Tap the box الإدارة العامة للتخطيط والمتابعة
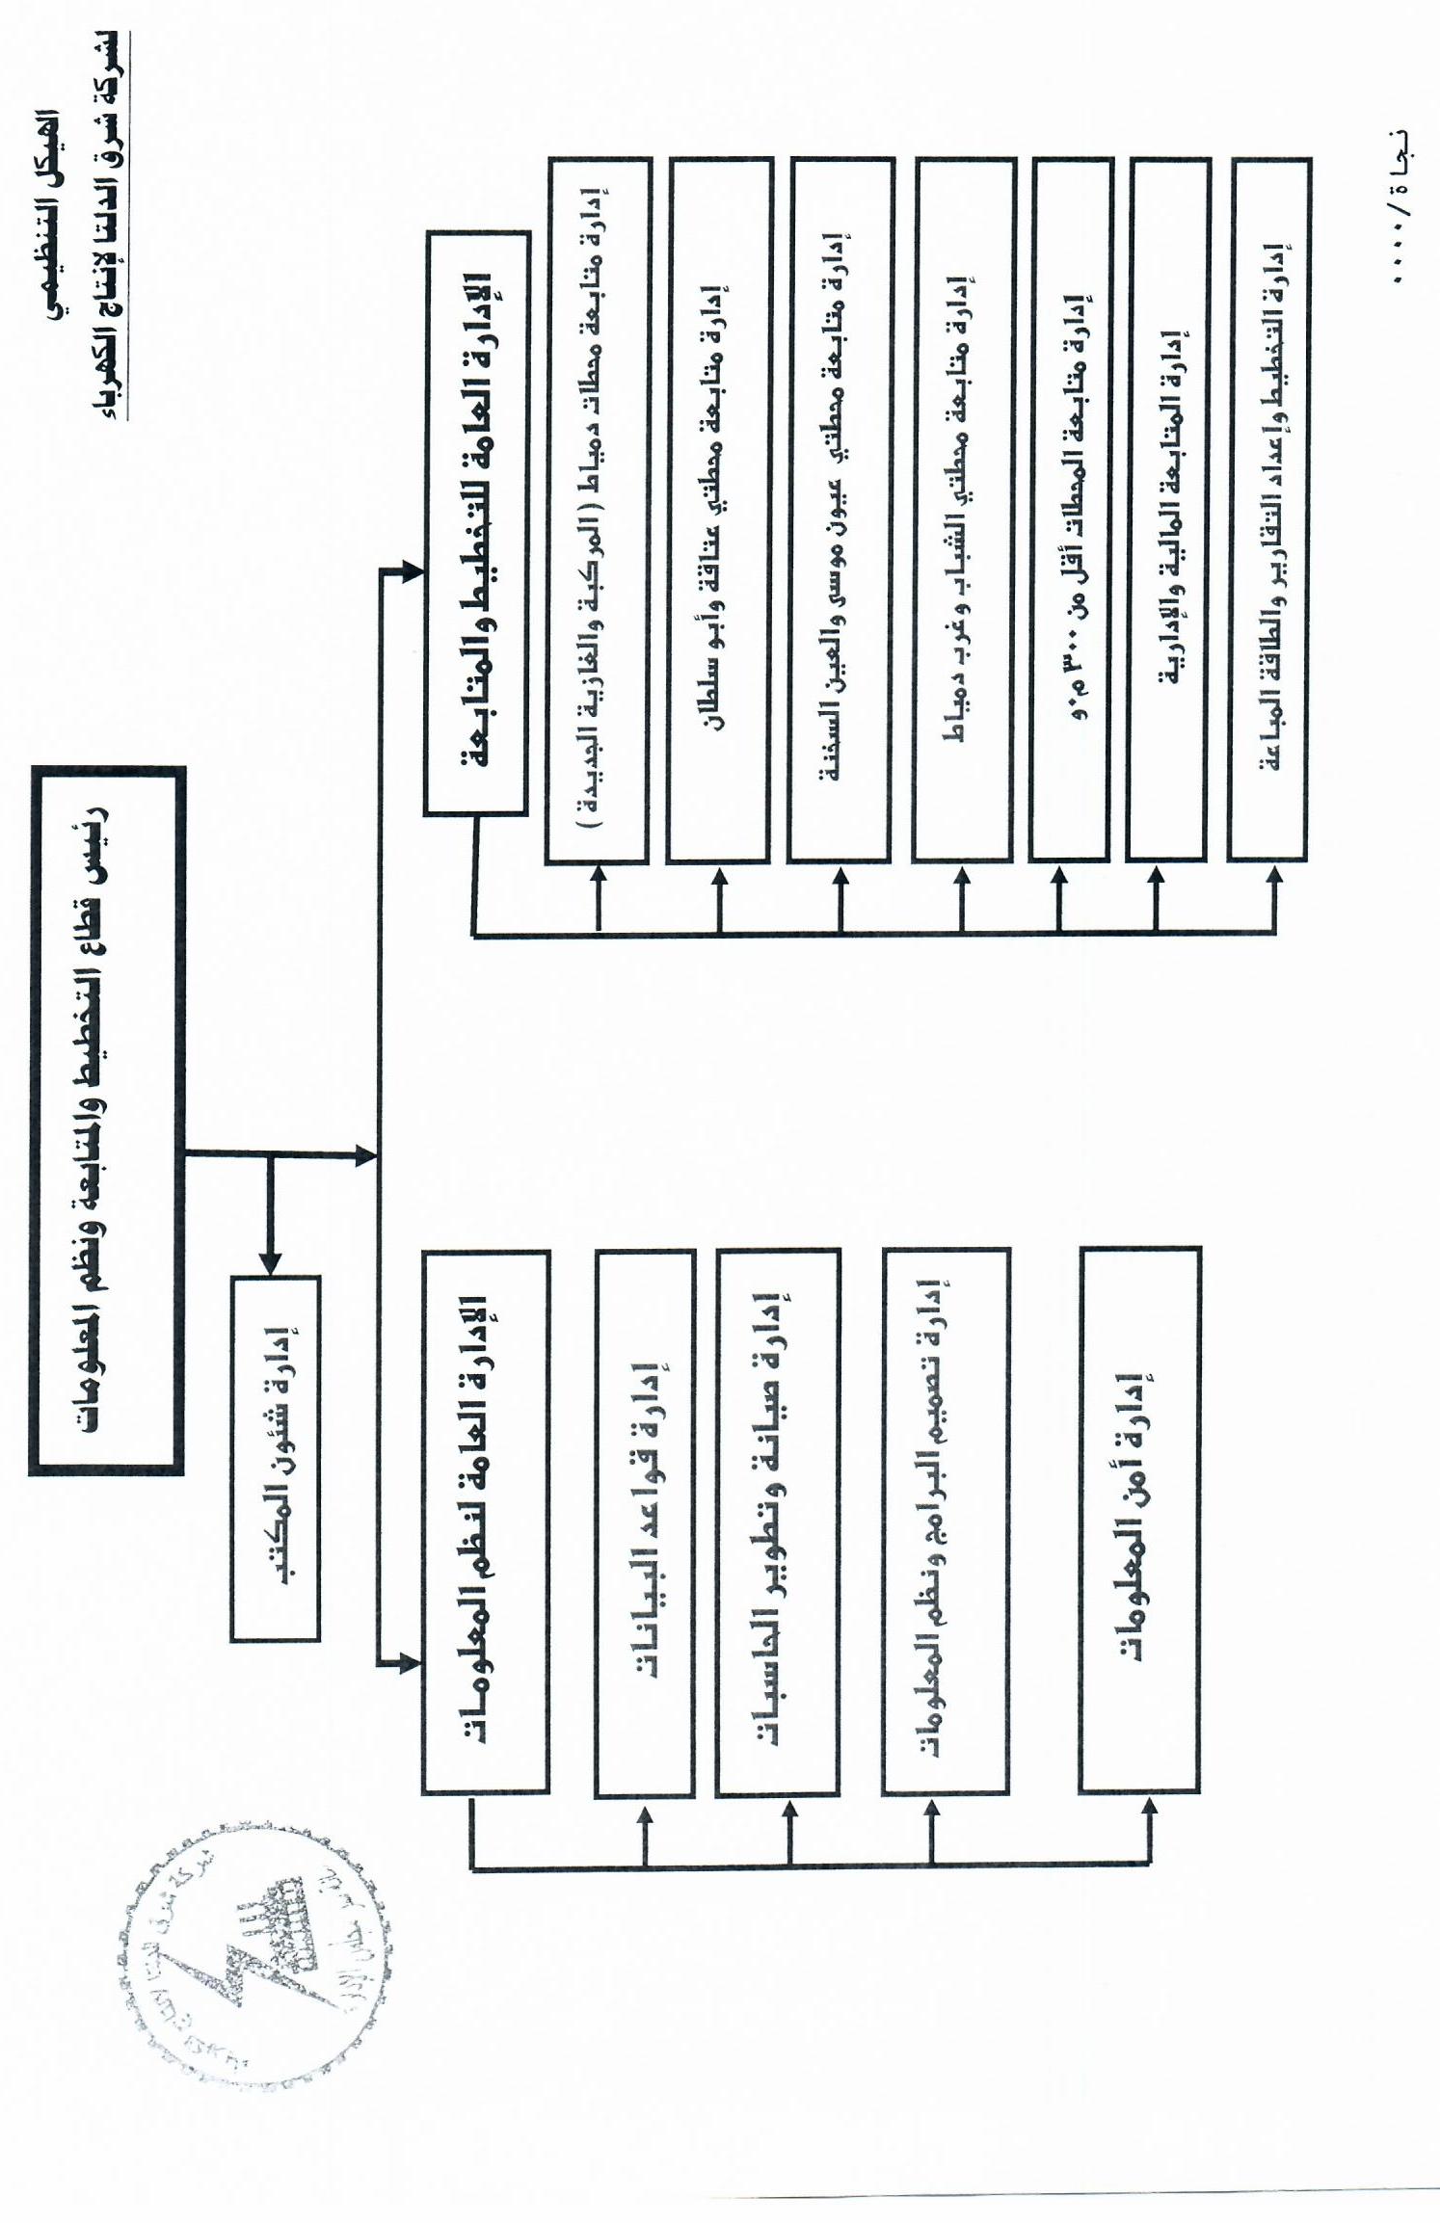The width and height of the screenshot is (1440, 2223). pyautogui.click(x=477, y=523)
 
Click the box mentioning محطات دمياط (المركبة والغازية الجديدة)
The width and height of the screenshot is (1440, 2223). pyautogui.click(x=598, y=511)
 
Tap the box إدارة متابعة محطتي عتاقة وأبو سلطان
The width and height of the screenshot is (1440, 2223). pyautogui.click(x=718, y=511)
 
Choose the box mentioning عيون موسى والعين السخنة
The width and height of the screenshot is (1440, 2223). pyautogui.click(x=840, y=511)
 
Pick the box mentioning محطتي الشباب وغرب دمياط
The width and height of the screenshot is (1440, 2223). pyautogui.click(x=963, y=511)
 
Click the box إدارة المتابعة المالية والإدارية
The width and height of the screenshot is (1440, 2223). pyautogui.click(x=1167, y=511)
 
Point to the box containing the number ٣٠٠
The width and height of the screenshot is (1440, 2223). pyautogui.click(x=1070, y=511)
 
